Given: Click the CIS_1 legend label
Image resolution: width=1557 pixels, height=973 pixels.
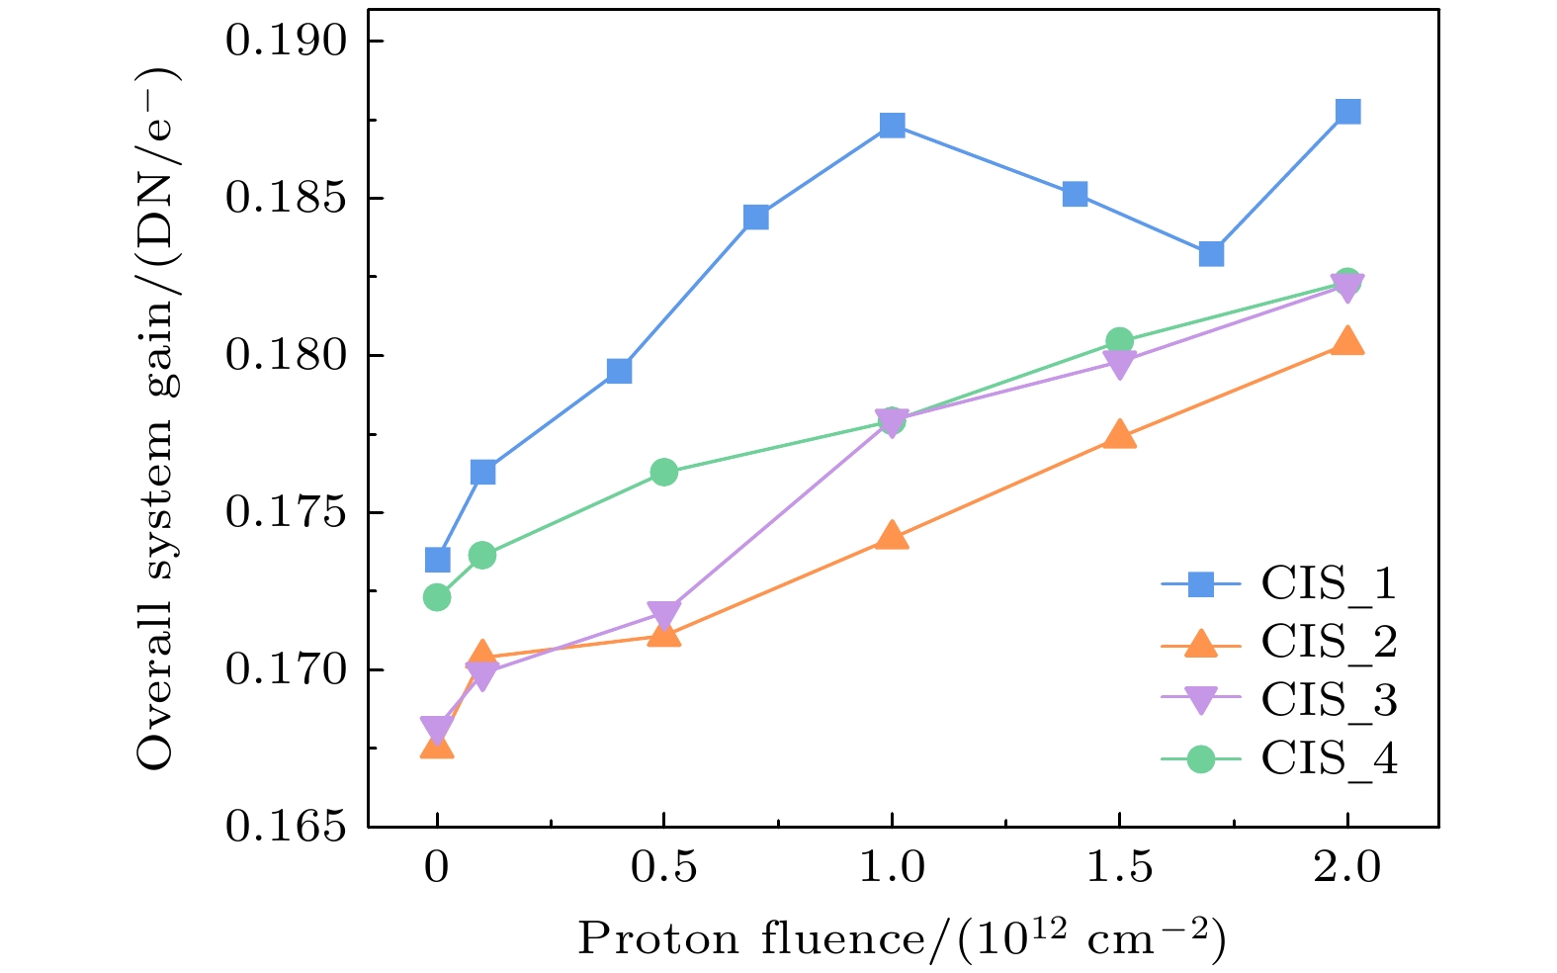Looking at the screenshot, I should pyautogui.click(x=1329, y=583).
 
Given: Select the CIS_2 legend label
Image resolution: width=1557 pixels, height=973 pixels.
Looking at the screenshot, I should pyautogui.click(x=1329, y=642).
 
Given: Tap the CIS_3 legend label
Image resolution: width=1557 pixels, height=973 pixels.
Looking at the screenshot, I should pyautogui.click(x=1329, y=700).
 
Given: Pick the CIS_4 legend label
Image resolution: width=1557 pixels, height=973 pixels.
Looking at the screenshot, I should pyautogui.click(x=1329, y=758).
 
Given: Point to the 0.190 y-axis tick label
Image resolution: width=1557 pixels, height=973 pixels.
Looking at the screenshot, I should pyautogui.click(x=287, y=42).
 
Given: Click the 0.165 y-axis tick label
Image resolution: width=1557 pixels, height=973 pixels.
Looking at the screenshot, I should pyautogui.click(x=287, y=827).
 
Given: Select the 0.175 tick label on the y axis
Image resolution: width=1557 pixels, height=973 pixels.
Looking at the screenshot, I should pyautogui.click(x=287, y=513).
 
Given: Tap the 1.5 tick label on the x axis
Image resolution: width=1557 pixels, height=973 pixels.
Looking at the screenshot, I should pyautogui.click(x=1118, y=868).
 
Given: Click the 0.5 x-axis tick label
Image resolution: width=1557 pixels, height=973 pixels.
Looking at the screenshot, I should pyautogui.click(x=663, y=868).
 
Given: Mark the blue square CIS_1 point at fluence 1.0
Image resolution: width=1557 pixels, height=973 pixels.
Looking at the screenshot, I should pyautogui.click(x=892, y=125).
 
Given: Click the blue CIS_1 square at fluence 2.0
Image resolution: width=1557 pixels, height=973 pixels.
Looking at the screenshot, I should pyautogui.click(x=1347, y=111).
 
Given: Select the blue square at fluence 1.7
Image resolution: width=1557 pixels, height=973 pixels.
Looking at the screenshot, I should pyautogui.click(x=1211, y=254).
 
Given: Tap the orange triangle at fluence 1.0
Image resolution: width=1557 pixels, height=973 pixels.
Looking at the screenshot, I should pyautogui.click(x=892, y=536).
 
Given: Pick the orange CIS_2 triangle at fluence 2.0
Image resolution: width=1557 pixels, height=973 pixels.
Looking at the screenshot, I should pyautogui.click(x=1347, y=342).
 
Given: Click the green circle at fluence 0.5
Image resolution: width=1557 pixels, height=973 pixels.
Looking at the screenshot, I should pyautogui.click(x=663, y=472).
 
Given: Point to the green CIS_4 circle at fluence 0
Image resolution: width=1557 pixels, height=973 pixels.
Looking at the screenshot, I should pyautogui.click(x=437, y=597).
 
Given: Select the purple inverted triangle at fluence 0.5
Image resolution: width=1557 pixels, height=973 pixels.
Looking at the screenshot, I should pyautogui.click(x=663, y=615).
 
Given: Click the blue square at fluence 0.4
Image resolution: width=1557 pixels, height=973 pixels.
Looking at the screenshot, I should pyautogui.click(x=619, y=371).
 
